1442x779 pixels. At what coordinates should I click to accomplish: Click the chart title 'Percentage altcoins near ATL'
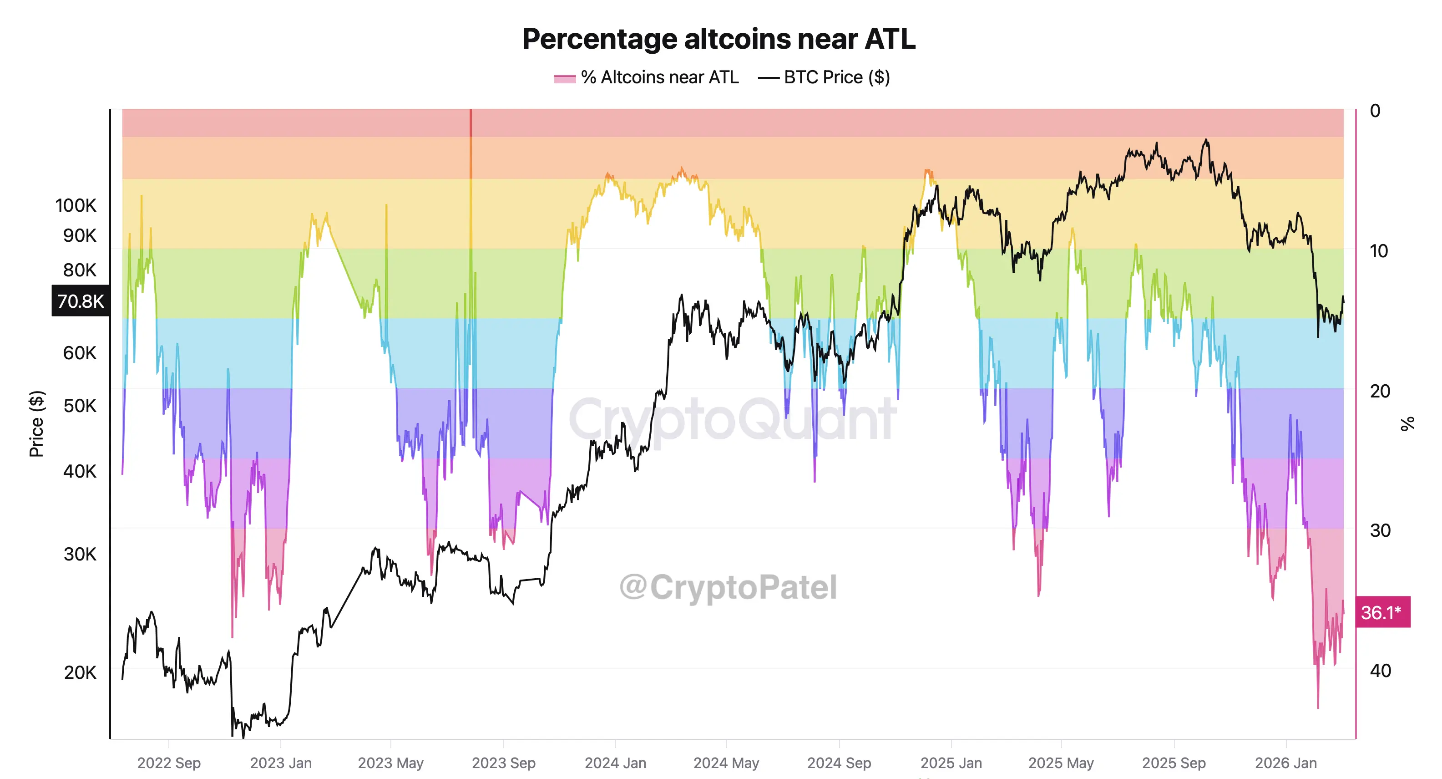click(x=719, y=39)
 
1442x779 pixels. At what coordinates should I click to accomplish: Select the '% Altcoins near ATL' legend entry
click(x=647, y=77)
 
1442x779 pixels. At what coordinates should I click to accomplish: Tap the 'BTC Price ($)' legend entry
click(x=824, y=77)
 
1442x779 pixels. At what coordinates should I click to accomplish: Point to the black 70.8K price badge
click(x=81, y=301)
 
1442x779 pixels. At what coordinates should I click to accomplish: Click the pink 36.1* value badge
click(x=1381, y=612)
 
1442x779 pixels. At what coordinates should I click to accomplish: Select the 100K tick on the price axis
click(x=76, y=205)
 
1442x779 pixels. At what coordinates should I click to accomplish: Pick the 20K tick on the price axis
click(x=80, y=672)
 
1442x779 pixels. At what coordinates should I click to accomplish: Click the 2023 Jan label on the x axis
click(x=280, y=763)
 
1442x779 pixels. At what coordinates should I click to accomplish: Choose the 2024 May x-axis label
click(x=726, y=763)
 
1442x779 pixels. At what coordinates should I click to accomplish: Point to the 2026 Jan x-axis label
click(x=1286, y=763)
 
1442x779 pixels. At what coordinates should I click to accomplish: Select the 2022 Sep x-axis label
click(x=168, y=763)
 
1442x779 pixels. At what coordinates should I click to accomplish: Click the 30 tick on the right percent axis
click(x=1380, y=530)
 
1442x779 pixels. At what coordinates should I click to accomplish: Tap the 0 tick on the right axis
click(x=1375, y=111)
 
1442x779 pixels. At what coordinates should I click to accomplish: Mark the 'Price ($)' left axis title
click(x=36, y=423)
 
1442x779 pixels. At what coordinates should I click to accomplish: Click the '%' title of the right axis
click(x=1407, y=423)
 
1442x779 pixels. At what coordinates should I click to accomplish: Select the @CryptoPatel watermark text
click(x=728, y=587)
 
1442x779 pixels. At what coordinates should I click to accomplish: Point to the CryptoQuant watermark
click(x=732, y=419)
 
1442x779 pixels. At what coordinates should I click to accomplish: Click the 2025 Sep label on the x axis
click(x=1174, y=763)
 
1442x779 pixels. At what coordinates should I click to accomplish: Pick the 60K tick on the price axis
click(x=80, y=353)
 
